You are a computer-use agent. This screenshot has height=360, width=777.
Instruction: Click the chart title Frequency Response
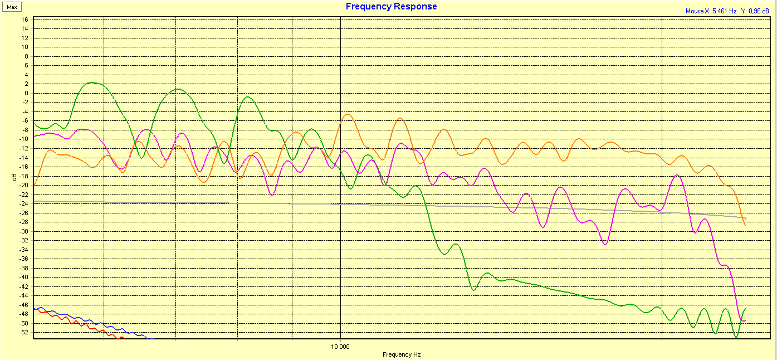tap(391, 7)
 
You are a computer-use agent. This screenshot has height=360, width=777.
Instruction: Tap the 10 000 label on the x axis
tap(340, 346)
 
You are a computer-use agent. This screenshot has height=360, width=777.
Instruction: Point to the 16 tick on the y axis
tap(25, 20)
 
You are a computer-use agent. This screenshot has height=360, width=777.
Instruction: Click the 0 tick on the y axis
tap(26, 93)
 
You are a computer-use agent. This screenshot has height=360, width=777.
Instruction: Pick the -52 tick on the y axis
tap(23, 332)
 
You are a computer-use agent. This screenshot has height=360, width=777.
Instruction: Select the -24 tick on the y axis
tap(23, 203)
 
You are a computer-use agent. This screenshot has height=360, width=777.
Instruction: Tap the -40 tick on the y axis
tap(23, 277)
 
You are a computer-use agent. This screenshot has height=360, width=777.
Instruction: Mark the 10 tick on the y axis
tap(25, 47)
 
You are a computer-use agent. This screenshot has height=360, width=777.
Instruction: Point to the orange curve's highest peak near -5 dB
tap(348, 115)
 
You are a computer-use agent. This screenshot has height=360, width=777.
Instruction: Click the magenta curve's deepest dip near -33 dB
tap(605, 244)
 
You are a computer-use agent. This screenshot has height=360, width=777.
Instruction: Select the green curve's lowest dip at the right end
tap(736, 337)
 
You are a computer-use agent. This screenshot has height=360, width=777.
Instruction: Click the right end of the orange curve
tap(745, 224)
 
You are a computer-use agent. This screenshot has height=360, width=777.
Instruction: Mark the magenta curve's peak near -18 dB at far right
tap(677, 176)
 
